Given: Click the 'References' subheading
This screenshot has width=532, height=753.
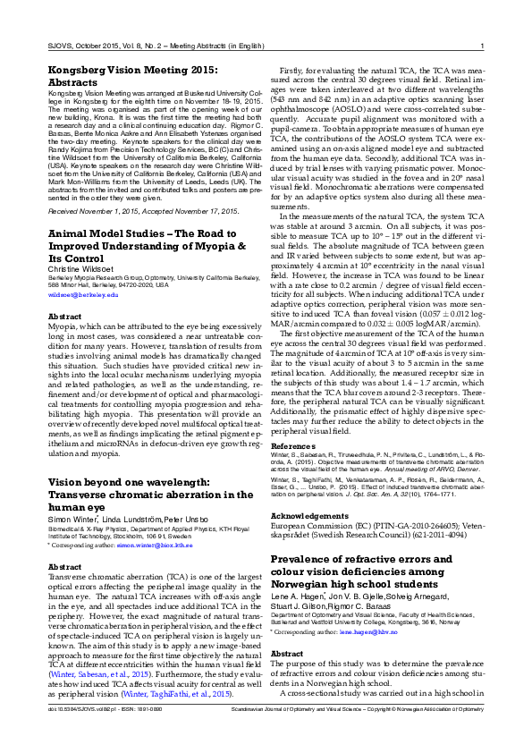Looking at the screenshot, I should [x=294, y=444].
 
